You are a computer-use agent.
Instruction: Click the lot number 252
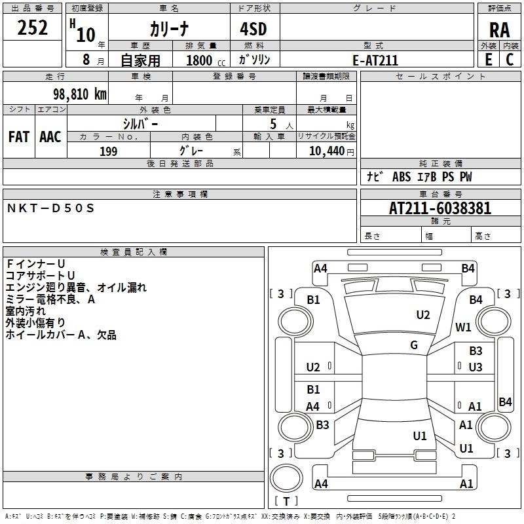(32, 29)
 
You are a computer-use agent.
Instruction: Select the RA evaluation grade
(499, 31)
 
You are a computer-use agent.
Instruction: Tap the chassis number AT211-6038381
(440, 209)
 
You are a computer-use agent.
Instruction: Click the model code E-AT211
(375, 60)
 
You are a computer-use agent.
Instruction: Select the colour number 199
(109, 151)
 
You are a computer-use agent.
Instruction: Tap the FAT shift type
(19, 137)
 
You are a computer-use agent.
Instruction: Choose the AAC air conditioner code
(50, 137)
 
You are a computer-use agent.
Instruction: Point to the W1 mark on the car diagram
(463, 327)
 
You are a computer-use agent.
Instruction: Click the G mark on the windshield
(414, 345)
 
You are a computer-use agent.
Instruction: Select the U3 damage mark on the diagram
(476, 367)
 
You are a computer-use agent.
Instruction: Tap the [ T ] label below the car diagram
(286, 501)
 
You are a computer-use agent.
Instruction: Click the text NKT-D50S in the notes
(51, 208)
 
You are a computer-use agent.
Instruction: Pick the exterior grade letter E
(488, 59)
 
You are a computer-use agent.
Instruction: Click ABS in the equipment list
(402, 177)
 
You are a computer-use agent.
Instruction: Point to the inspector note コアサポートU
(41, 275)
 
